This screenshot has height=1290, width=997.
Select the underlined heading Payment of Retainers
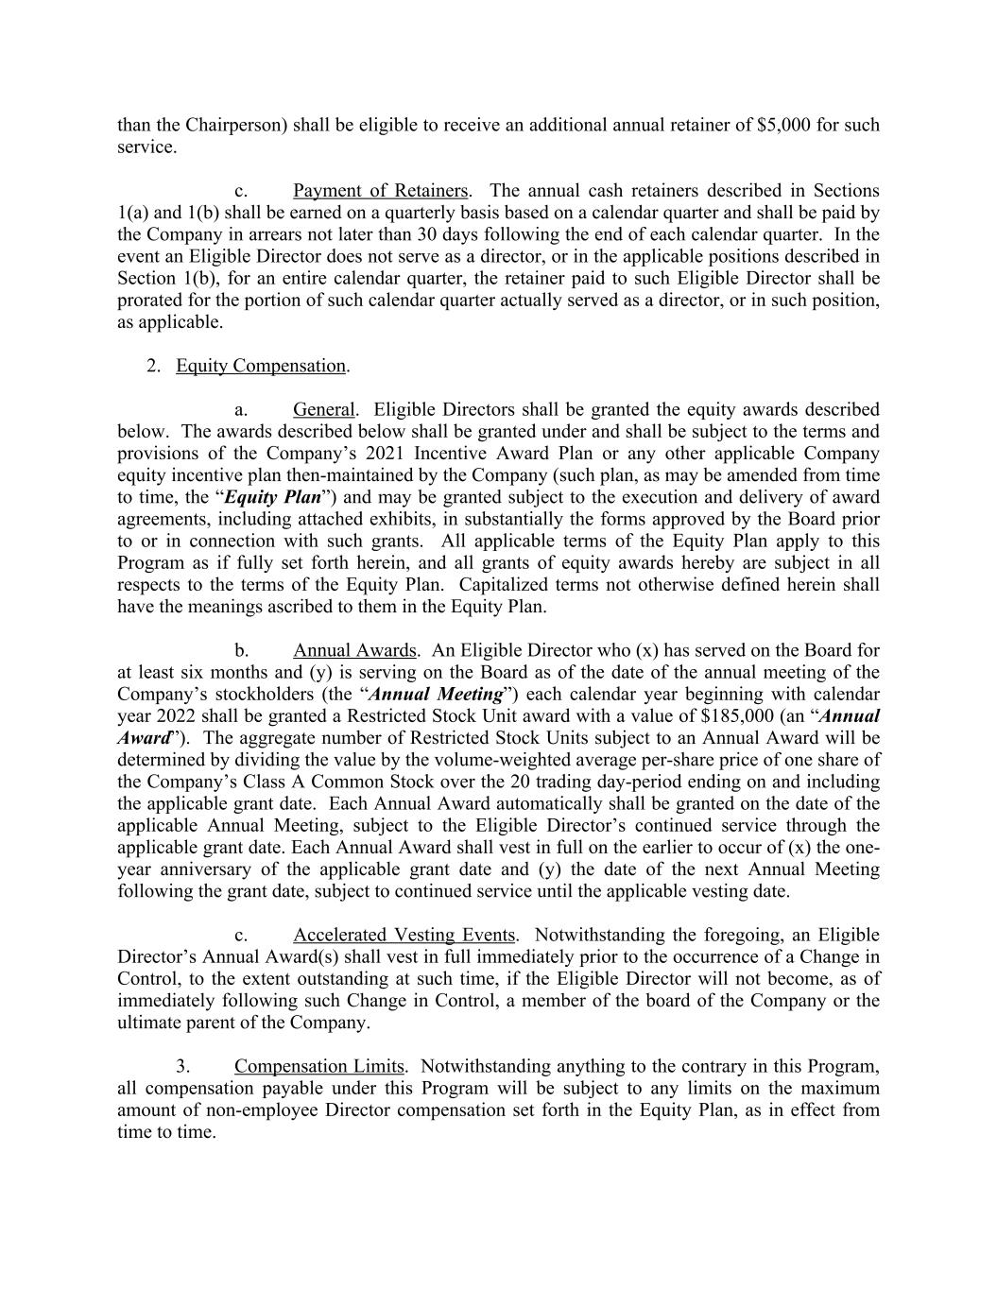(x=380, y=191)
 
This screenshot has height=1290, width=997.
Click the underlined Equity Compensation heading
(x=261, y=366)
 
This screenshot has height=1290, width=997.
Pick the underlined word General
(x=324, y=409)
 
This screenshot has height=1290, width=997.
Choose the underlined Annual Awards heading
(x=354, y=650)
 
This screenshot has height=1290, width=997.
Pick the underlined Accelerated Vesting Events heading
(x=404, y=935)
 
